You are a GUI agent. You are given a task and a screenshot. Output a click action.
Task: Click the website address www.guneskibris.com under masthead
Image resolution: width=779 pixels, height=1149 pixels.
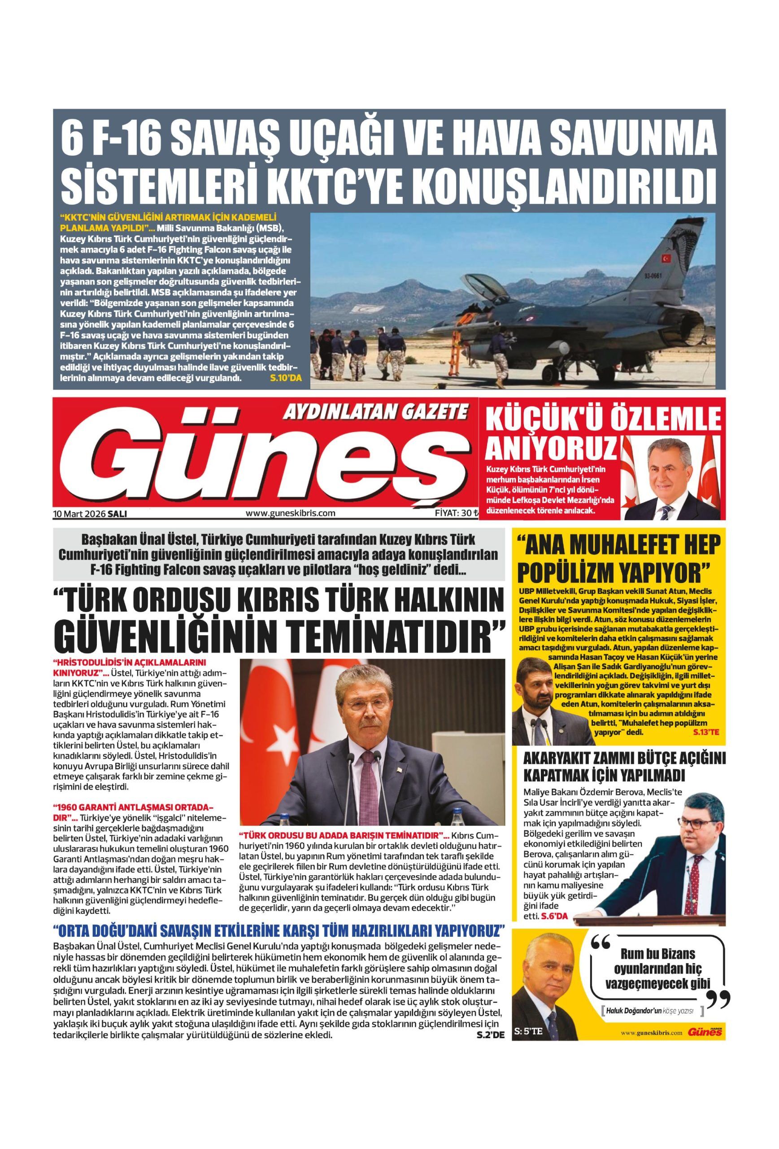click(x=291, y=513)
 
